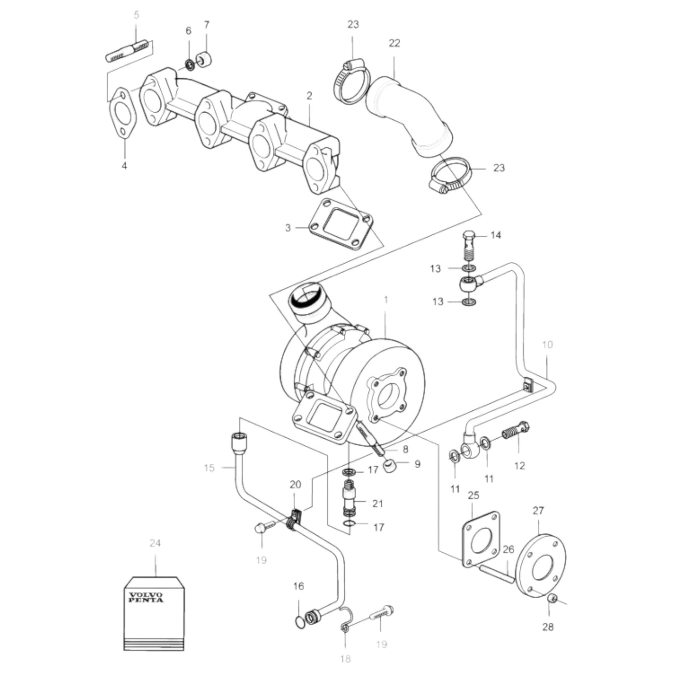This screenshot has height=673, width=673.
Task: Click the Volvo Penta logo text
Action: [x=146, y=598]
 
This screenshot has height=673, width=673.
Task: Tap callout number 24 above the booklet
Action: [x=155, y=543]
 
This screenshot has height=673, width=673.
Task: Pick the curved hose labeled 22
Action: [x=408, y=116]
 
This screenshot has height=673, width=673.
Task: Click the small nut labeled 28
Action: [x=551, y=598]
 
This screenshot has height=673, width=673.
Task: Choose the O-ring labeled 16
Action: [x=299, y=621]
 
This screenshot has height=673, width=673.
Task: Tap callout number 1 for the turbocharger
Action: [x=386, y=300]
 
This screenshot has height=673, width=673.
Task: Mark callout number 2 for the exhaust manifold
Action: [x=309, y=96]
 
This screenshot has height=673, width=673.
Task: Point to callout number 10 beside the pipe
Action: [x=547, y=345]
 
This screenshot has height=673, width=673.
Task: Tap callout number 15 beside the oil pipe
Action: [x=209, y=467]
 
